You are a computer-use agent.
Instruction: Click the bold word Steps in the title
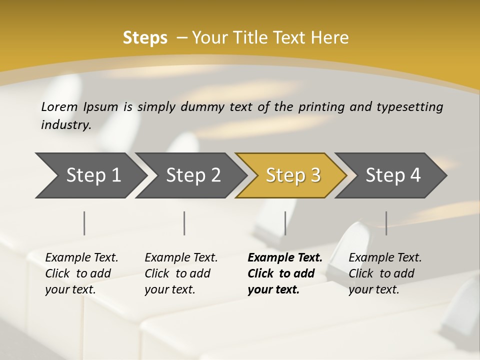coord(145,38)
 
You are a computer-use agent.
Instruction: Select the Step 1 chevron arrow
coord(90,175)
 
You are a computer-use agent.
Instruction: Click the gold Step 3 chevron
coord(290,175)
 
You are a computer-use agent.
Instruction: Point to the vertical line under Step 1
coord(84,223)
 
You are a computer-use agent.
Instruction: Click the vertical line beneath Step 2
coord(184,223)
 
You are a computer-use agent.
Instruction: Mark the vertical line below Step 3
coord(285,223)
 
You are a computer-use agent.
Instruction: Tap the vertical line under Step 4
coord(386,223)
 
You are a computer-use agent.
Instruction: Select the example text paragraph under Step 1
coord(81,273)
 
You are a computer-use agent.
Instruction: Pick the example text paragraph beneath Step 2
coord(181,273)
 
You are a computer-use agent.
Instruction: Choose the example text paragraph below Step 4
coord(385,273)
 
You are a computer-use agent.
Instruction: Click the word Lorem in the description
coord(59,107)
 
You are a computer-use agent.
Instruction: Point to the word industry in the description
coord(66,125)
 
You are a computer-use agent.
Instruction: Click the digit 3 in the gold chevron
coord(314,175)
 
